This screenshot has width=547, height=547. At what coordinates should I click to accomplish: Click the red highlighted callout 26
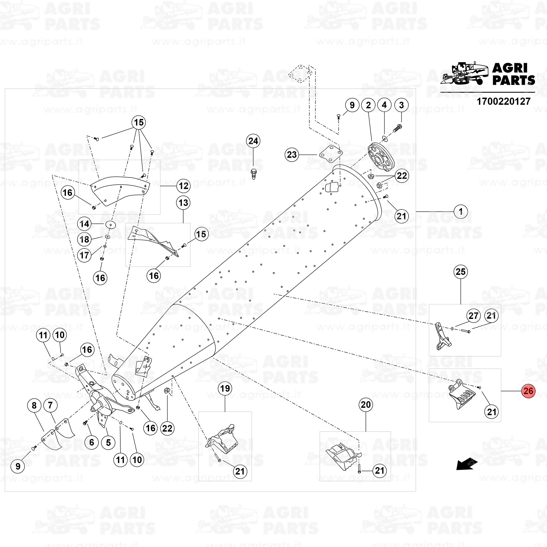[528, 391]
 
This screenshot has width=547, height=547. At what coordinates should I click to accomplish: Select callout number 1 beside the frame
[461, 211]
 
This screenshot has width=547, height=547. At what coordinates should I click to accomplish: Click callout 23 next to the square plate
[292, 155]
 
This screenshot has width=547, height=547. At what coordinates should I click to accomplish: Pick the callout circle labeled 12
[184, 186]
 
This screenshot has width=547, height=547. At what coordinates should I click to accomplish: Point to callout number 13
[183, 203]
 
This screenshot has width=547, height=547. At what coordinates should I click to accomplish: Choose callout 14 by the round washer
[84, 224]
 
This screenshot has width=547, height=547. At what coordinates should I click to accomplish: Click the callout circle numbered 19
[225, 388]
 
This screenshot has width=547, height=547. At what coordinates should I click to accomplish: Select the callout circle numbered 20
[365, 405]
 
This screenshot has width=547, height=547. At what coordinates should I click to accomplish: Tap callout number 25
[461, 272]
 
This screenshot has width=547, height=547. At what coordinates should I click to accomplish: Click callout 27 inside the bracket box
[473, 316]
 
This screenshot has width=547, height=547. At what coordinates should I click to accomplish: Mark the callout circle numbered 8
[34, 405]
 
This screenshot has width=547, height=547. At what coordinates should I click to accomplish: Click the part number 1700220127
[504, 102]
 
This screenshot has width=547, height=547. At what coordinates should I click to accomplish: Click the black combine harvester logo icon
[464, 74]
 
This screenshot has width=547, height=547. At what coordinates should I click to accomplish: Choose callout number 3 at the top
[401, 105]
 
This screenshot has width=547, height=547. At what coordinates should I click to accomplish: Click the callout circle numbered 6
[91, 442]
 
